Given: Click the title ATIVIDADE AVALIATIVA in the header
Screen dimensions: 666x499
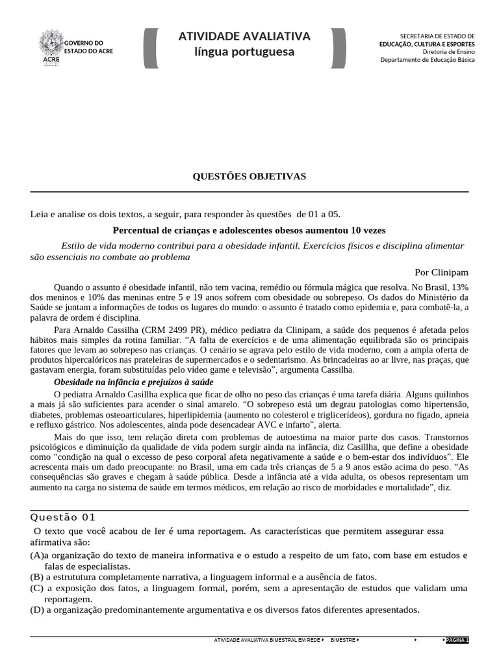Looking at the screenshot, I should [244, 36].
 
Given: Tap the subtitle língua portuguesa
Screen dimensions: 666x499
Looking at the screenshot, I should [244, 52].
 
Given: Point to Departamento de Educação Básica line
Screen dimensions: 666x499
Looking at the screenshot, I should [427, 60].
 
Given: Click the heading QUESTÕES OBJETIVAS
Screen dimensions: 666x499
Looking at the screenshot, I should [249, 176].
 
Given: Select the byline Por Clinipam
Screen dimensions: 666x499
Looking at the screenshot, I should [441, 272].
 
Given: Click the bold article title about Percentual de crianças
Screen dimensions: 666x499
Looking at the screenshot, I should [249, 230].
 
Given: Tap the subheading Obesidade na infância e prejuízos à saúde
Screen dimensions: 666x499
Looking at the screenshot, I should [133, 382].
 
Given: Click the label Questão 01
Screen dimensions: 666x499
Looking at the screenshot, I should [63, 517].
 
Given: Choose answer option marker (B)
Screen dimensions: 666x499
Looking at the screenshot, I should [37, 576].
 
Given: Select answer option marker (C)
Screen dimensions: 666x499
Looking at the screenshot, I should [37, 588].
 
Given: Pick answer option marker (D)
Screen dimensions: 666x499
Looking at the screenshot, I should [37, 610].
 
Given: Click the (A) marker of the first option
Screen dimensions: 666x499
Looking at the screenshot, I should [36, 555].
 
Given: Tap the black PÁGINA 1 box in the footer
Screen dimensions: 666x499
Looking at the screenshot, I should [457, 640].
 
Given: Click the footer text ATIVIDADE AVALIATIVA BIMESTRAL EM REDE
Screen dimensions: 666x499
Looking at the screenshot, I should [267, 640].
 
